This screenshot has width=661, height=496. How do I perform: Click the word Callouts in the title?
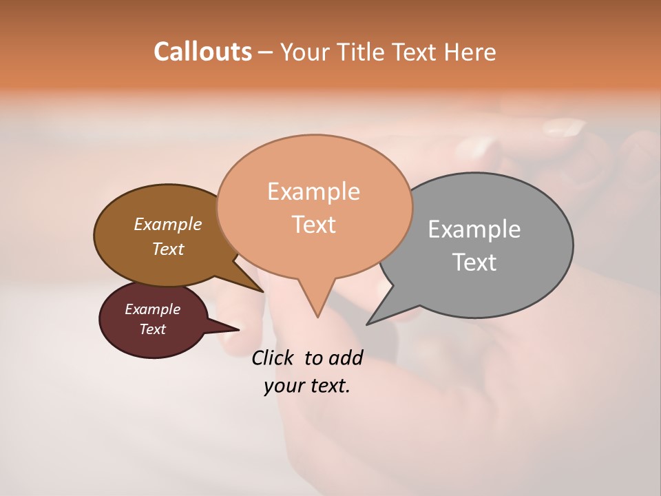[x=202, y=52]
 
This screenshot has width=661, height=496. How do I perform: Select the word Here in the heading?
[x=468, y=52]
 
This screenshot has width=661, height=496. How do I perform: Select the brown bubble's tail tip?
[x=262, y=291]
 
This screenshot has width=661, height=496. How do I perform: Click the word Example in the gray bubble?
[x=474, y=229]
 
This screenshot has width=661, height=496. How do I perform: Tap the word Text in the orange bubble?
[x=313, y=225]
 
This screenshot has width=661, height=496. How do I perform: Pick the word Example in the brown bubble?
[x=167, y=225]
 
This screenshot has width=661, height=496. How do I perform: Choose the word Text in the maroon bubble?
[x=152, y=329]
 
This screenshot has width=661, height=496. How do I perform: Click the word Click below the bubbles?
[x=274, y=358]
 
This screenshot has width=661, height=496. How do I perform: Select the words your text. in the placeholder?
[x=307, y=386]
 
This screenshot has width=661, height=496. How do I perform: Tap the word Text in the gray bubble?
[x=474, y=262]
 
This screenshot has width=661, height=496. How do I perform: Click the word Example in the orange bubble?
[x=313, y=192]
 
